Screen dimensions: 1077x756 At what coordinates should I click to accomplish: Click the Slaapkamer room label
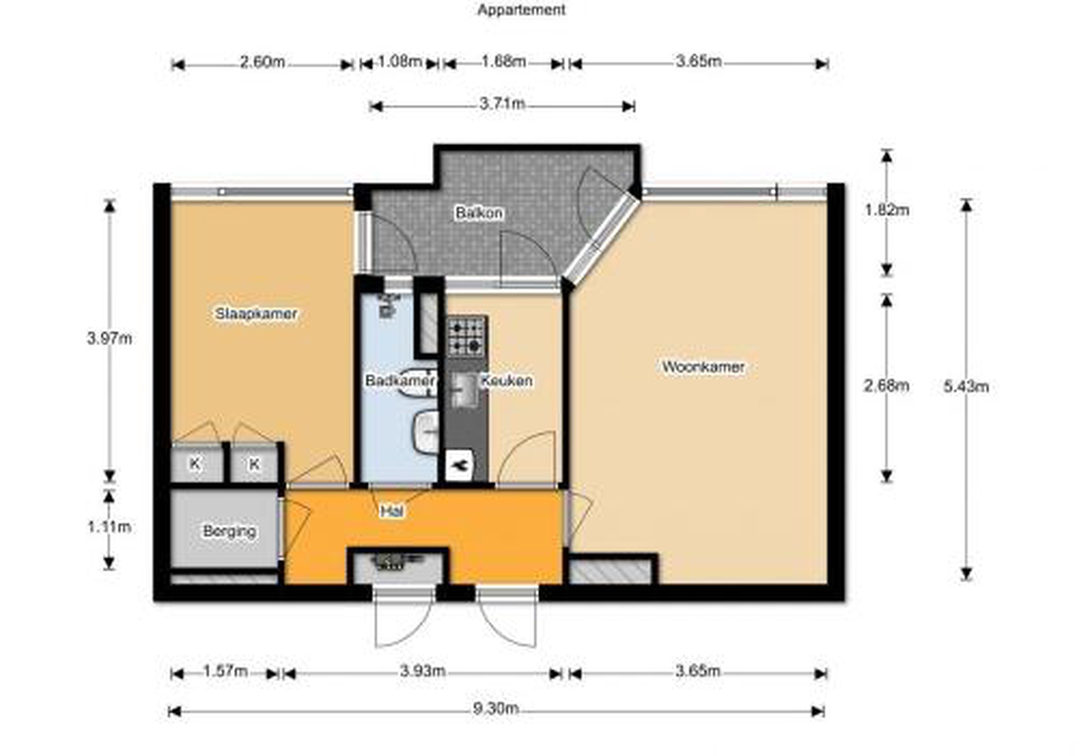click(x=256, y=313)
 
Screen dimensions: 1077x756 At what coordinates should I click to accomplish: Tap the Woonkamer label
click(x=703, y=367)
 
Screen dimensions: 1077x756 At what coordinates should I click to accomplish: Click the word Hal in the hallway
click(x=392, y=511)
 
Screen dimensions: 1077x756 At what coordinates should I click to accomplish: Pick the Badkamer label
click(x=400, y=380)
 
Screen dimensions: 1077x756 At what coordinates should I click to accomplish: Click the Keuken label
click(x=507, y=380)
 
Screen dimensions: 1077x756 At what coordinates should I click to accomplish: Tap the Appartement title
click(x=521, y=10)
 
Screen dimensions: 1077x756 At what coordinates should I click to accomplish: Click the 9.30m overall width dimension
click(x=496, y=708)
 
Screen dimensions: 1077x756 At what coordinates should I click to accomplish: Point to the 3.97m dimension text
click(x=109, y=338)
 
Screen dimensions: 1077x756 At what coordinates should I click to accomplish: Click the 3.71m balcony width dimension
click(x=502, y=103)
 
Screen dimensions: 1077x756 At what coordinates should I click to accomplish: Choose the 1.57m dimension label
click(x=225, y=671)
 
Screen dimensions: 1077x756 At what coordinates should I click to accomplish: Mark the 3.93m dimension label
click(x=422, y=671)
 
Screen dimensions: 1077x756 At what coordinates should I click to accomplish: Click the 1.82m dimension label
click(x=887, y=210)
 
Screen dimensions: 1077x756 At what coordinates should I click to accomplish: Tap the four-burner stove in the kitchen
click(x=466, y=336)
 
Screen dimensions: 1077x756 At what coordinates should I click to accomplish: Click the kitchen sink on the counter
click(x=464, y=389)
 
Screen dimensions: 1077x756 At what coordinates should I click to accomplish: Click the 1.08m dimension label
click(x=400, y=61)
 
